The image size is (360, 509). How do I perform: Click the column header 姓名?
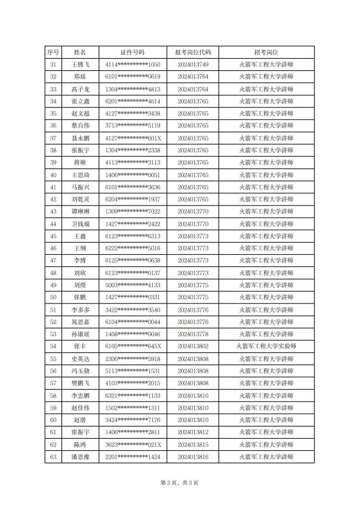80,52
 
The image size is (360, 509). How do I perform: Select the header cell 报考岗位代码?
193,52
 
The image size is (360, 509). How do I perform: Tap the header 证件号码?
132,52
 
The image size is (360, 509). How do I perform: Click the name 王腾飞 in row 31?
80,65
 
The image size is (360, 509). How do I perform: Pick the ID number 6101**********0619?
132,77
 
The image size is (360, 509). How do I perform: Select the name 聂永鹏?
80,138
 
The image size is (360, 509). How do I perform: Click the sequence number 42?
53,199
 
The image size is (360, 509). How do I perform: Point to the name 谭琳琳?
80,212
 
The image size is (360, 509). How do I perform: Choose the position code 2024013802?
193,346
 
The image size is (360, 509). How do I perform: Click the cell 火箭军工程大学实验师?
266,346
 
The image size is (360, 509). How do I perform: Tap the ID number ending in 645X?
132,346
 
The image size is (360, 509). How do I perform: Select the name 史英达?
80,359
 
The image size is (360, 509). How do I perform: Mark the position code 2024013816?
193,457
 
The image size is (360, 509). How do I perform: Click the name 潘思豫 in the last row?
80,457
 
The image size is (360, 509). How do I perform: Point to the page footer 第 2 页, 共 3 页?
179,483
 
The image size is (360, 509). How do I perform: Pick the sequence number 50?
53,297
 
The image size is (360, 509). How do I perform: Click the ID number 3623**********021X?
132,445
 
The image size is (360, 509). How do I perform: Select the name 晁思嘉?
80,322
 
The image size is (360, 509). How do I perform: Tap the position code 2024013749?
193,65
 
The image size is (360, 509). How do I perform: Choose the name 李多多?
80,310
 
